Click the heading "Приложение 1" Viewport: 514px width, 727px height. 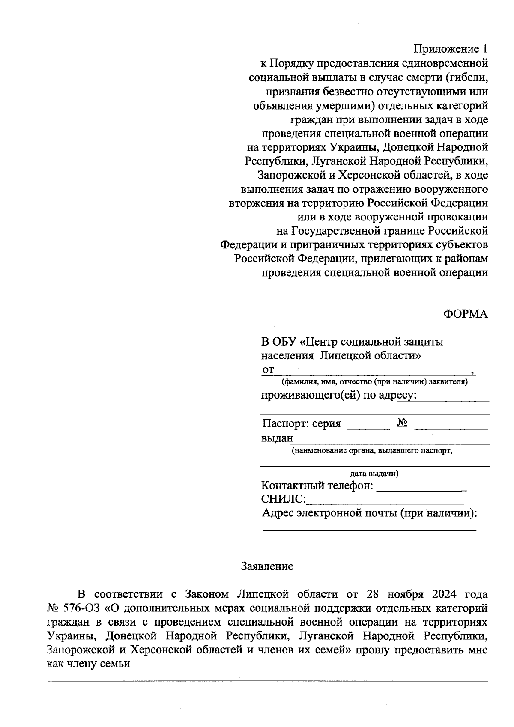pyautogui.click(x=451, y=49)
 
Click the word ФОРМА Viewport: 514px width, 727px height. pyautogui.click(x=465, y=314)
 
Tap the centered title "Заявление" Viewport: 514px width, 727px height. pyautogui.click(x=267, y=566)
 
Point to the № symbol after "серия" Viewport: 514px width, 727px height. pyautogui.click(x=402, y=423)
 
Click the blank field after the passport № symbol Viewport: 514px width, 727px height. pyautogui.click(x=451, y=426)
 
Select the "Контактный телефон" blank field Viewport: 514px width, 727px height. pyautogui.click(x=421, y=487)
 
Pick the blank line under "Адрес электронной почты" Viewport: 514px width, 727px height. pyautogui.click(x=369, y=529)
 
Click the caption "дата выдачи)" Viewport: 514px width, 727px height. pyautogui.click(x=374, y=474)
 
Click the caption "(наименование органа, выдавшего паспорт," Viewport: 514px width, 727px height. pyautogui.click(x=372, y=450)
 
